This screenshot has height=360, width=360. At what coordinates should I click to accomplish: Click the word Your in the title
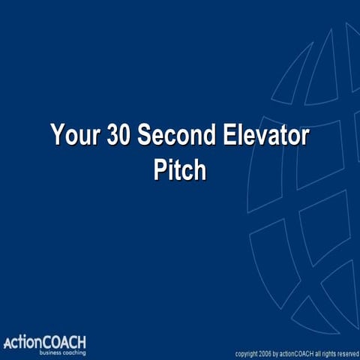point(76,136)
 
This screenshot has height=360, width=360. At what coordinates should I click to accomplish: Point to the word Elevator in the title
point(266,136)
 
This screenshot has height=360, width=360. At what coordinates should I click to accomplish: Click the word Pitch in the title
point(179,169)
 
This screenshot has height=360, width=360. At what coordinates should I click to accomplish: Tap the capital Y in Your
point(58,136)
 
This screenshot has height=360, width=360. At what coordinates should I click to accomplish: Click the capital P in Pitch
point(160,169)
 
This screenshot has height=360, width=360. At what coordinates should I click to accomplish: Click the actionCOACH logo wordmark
point(45,343)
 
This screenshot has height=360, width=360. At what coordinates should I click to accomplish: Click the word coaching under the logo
point(73,352)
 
